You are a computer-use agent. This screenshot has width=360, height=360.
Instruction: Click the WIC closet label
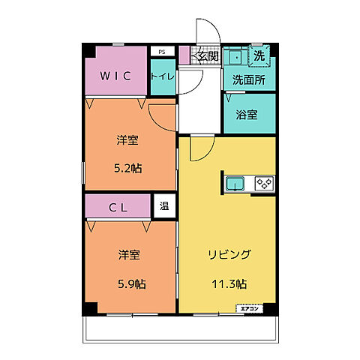pyautogui.click(x=116, y=76)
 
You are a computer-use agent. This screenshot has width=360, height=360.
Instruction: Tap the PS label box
pyautogui.click(x=160, y=52)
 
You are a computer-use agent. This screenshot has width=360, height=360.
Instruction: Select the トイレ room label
pyautogui.click(x=162, y=76)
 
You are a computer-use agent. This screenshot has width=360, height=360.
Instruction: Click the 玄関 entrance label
pyautogui.click(x=206, y=55)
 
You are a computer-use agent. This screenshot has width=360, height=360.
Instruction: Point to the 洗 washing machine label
pyautogui.click(x=259, y=55)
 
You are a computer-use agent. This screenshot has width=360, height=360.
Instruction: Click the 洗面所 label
pyautogui.click(x=248, y=79)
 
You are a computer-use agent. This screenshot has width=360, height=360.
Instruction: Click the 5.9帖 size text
pyautogui.click(x=130, y=283)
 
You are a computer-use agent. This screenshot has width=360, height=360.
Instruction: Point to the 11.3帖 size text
pyautogui.click(x=229, y=283)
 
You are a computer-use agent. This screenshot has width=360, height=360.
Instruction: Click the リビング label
pyautogui.click(x=229, y=253)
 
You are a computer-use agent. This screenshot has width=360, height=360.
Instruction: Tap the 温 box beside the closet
pyautogui.click(x=163, y=206)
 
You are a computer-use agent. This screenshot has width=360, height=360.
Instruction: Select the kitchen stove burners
pyautogui.click(x=263, y=181)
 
